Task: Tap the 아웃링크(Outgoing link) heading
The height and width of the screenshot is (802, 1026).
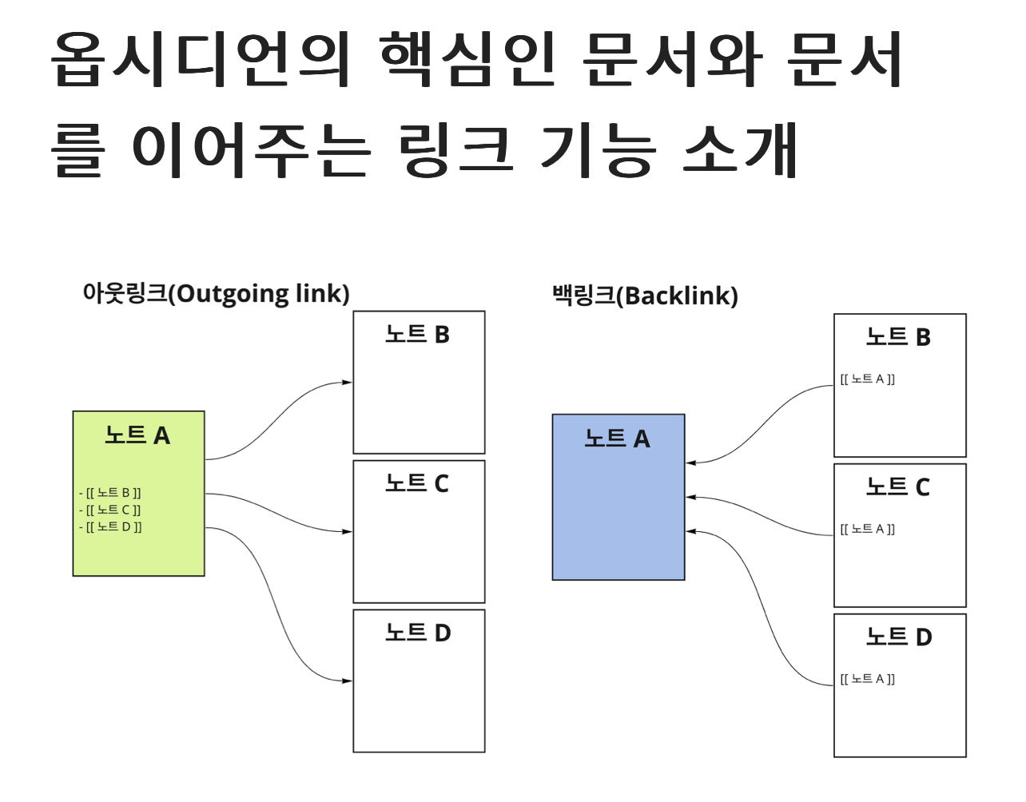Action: [x=216, y=293]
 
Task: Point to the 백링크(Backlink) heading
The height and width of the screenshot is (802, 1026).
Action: [x=645, y=296]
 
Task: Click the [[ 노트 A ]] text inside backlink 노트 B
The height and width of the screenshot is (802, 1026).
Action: [x=867, y=379]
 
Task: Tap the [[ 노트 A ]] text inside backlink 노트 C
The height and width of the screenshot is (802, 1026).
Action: [x=867, y=529]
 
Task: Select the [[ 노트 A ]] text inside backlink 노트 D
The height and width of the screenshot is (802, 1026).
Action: [x=867, y=679]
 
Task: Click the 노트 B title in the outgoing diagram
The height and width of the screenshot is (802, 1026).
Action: [x=417, y=334]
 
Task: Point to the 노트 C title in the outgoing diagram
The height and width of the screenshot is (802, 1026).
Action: [x=417, y=483]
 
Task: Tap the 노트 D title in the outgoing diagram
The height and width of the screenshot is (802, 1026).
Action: [x=418, y=633]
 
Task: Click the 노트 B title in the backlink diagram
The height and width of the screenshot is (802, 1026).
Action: [x=899, y=337]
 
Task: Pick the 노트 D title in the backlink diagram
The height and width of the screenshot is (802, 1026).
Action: [x=899, y=637]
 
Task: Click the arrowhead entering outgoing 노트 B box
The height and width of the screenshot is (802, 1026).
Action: [x=348, y=383]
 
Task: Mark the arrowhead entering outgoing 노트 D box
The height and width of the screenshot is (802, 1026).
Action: [x=348, y=681]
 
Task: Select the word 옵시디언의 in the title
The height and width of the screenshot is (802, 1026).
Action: [x=200, y=60]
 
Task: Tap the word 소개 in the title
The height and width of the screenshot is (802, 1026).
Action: [x=740, y=149]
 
